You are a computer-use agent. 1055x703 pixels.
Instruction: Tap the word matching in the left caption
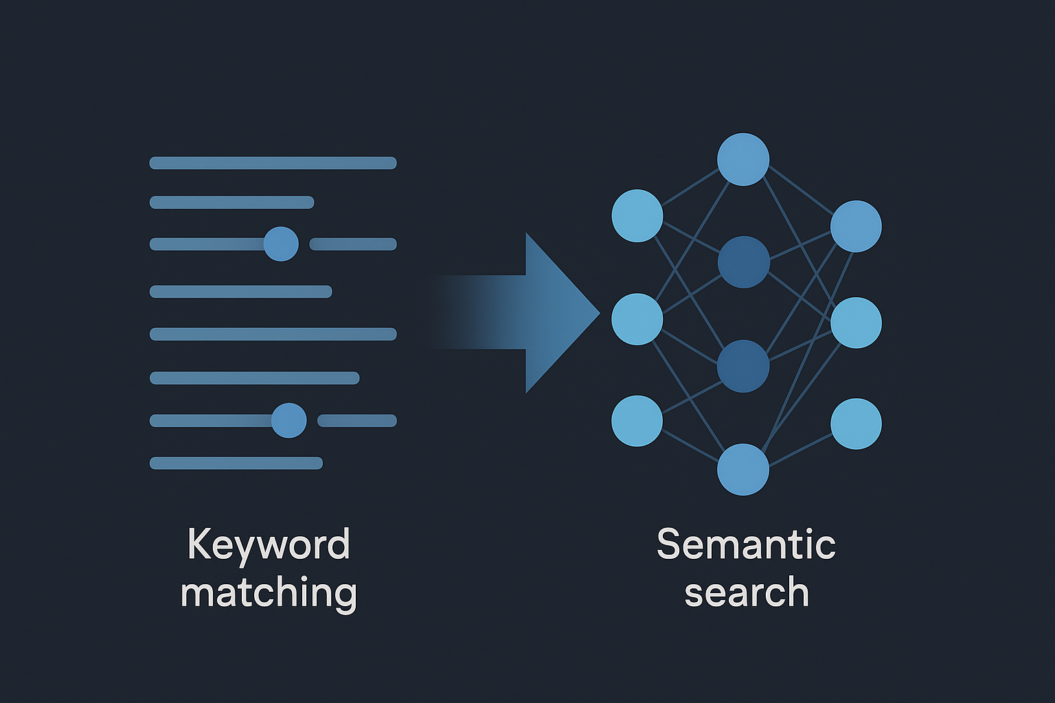(269, 593)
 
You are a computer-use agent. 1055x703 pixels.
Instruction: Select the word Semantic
(746, 545)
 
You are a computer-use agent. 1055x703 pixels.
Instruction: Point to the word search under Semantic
(747, 593)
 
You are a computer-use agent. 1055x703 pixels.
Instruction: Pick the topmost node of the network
(742, 159)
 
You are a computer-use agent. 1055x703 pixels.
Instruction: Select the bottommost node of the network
(742, 470)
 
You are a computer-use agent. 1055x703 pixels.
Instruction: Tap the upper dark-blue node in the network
(743, 262)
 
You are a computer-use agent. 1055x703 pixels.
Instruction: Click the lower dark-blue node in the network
(742, 366)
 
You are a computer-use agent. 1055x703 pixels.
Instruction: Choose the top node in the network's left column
(637, 216)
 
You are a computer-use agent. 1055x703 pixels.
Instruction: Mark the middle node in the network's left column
(637, 319)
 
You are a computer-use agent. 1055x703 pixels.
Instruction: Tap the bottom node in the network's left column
(637, 421)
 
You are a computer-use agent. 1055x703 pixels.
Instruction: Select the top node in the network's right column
(856, 226)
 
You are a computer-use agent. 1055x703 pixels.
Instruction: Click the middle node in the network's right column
(856, 323)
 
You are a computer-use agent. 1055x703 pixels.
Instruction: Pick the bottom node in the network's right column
(856, 424)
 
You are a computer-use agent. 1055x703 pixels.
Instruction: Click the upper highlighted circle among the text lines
(281, 244)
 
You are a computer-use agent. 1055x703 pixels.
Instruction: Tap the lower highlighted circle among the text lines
(288, 420)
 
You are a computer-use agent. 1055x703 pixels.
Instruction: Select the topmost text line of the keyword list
(273, 163)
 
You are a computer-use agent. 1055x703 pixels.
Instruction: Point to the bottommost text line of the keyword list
(236, 463)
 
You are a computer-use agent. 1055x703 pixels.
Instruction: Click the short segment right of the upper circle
(353, 244)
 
